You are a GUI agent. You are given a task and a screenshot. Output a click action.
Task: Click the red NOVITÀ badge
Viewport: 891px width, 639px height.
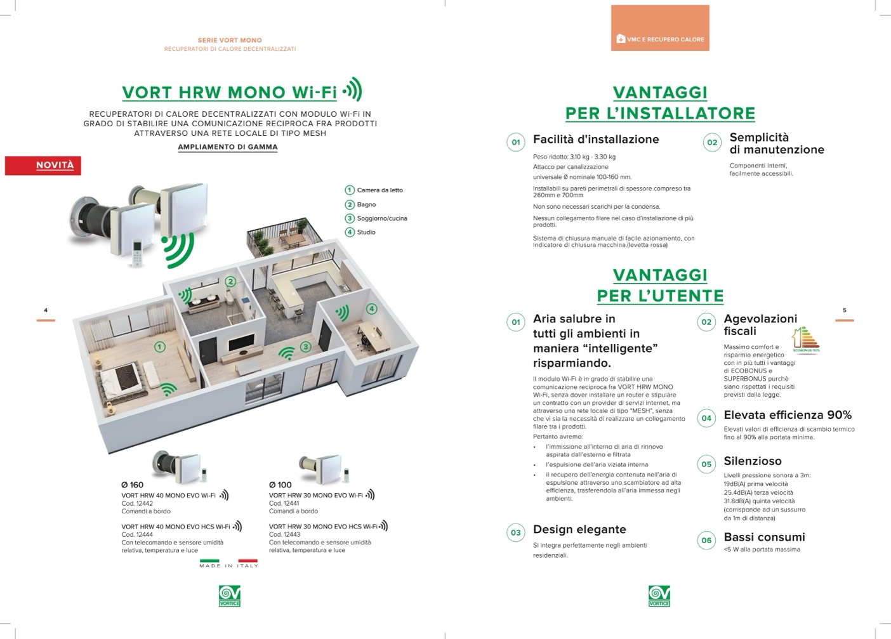pyautogui.click(x=43, y=166)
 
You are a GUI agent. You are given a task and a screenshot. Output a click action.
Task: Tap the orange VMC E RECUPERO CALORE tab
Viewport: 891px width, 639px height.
pyautogui.click(x=660, y=28)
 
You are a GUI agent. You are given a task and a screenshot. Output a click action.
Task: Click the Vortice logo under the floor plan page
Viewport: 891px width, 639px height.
pyautogui.click(x=230, y=596)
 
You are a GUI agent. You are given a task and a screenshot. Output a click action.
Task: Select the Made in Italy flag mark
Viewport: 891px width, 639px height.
pyautogui.click(x=228, y=563)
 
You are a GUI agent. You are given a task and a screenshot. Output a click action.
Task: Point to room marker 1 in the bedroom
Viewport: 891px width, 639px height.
pyautogui.click(x=160, y=347)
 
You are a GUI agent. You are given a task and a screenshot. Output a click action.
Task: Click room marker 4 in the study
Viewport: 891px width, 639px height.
pyautogui.click(x=371, y=308)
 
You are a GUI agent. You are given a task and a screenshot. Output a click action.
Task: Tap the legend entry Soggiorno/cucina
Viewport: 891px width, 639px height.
pyautogui.click(x=376, y=218)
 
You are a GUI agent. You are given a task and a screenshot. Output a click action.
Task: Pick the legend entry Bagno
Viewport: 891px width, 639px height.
pyautogui.click(x=360, y=204)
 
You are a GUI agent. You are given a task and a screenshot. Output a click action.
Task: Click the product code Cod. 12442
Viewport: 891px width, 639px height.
pyautogui.click(x=137, y=503)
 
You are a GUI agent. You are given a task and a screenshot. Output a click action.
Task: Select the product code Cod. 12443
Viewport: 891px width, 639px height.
pyautogui.click(x=284, y=534)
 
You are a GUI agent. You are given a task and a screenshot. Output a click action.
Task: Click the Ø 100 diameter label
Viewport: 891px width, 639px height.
pyautogui.click(x=280, y=485)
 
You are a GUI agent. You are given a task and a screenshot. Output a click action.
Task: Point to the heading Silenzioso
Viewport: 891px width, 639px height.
pyautogui.click(x=753, y=461)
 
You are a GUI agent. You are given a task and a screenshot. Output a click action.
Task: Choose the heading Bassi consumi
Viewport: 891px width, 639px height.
pyautogui.click(x=764, y=537)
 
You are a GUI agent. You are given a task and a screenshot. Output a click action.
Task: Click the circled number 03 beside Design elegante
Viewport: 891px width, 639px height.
pyautogui.click(x=515, y=532)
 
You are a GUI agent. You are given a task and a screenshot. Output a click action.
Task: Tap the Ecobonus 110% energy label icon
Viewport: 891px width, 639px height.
pyautogui.click(x=806, y=339)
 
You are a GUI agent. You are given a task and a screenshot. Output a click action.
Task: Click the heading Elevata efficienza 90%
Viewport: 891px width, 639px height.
pyautogui.click(x=788, y=415)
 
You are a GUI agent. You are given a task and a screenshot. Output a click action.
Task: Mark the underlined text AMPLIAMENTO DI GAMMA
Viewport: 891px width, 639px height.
pyautogui.click(x=228, y=147)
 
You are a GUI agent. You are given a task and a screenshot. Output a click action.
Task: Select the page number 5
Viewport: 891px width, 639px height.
pyautogui.click(x=845, y=310)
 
